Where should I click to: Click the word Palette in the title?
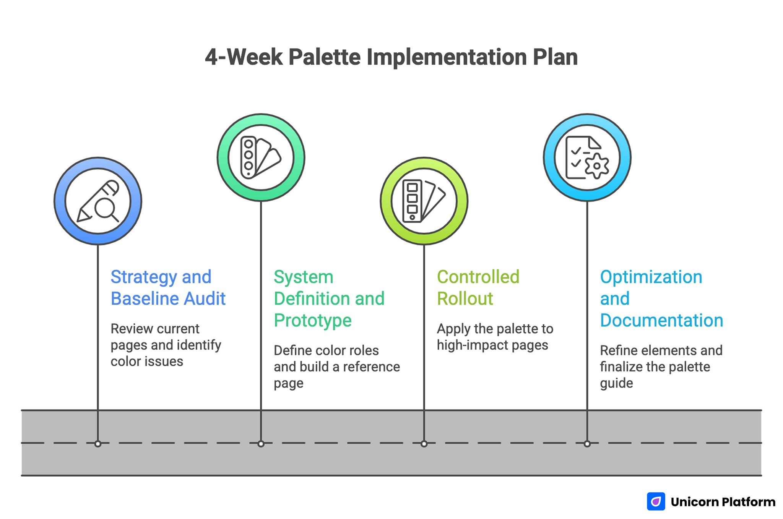324,57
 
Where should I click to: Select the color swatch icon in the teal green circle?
260,157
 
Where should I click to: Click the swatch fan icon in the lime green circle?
424,201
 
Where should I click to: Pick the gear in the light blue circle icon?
596,166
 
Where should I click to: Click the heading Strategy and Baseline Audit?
167,287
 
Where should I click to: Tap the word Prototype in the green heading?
312,320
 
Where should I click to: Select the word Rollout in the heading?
465,298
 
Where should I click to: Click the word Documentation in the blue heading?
661,320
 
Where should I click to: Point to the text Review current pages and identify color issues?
166,345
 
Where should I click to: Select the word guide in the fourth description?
616,383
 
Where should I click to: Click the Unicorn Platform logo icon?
656,501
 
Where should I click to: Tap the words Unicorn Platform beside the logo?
723,502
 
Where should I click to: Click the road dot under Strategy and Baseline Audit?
98,444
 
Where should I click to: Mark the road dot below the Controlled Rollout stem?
424,444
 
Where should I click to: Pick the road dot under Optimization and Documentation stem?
587,444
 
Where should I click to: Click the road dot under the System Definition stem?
261,444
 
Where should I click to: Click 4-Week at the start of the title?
244,57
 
